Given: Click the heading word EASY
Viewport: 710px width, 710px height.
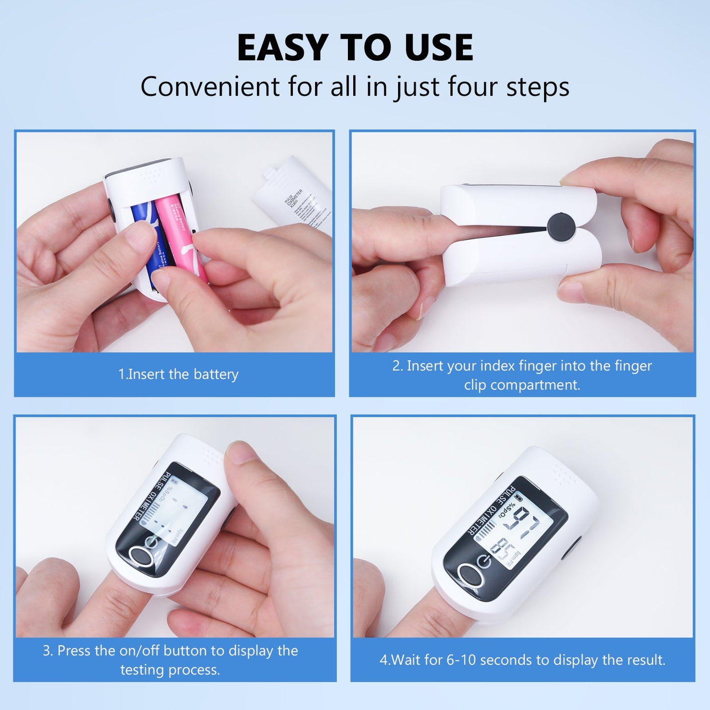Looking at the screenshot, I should (x=282, y=48).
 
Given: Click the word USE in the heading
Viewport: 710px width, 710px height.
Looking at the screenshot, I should (x=439, y=48).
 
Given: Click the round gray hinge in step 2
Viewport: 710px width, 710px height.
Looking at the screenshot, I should (x=561, y=227).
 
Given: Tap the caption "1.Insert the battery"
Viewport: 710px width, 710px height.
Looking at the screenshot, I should (x=178, y=374).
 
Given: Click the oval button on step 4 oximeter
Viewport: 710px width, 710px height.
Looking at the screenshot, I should (x=470, y=575).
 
